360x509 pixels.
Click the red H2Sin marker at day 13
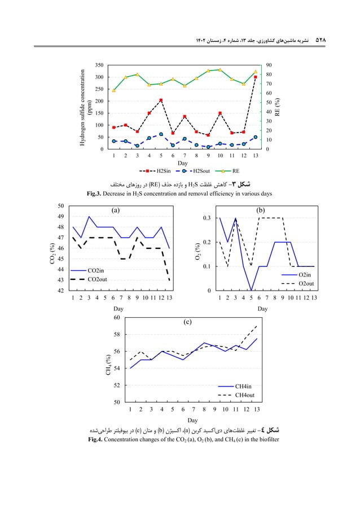point(256,77)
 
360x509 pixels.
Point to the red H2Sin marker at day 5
point(161,100)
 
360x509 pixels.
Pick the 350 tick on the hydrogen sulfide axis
point(98,65)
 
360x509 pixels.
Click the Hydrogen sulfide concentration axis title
point(85,107)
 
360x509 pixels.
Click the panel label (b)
point(261,210)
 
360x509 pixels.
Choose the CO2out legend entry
point(102,279)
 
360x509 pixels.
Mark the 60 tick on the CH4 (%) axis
point(117,318)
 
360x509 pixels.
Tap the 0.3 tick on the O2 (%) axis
point(207,218)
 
